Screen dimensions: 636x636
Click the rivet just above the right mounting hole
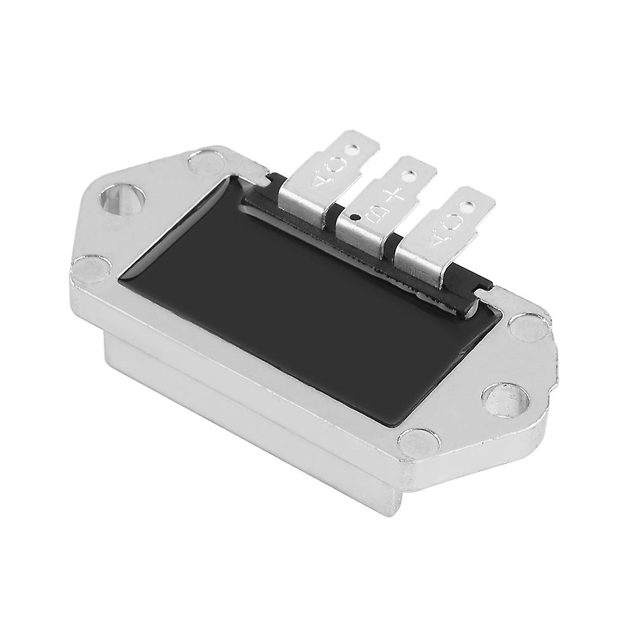click(527, 328)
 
